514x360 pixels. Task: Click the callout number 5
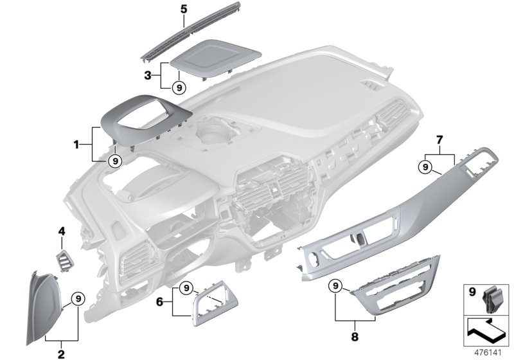pyautogui.click(x=165, y=8)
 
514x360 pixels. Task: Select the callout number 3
pyautogui.click(x=147, y=75)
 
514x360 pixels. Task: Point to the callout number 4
pyautogui.click(x=62, y=231)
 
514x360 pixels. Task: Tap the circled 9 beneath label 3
pyautogui.click(x=179, y=87)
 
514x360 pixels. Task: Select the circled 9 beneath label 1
pyautogui.click(x=114, y=161)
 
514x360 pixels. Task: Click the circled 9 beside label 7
pyautogui.click(x=424, y=167)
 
